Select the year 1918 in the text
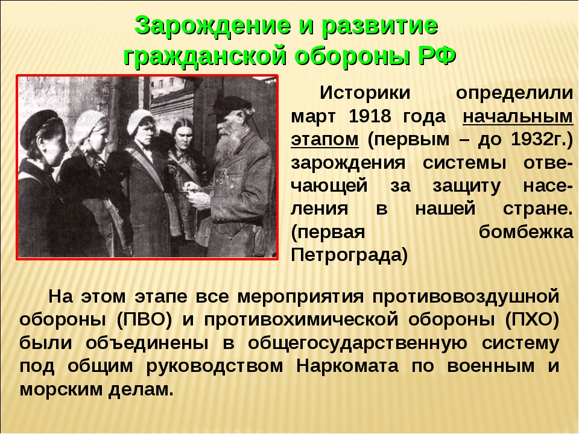click(x=370, y=116)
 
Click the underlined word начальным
click(x=517, y=117)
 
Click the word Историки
click(x=365, y=93)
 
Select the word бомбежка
click(x=526, y=232)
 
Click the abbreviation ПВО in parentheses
click(x=144, y=319)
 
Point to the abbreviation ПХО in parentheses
click(x=532, y=319)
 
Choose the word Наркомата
click(x=347, y=366)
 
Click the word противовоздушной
click(x=466, y=297)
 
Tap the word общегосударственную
click(x=358, y=343)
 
